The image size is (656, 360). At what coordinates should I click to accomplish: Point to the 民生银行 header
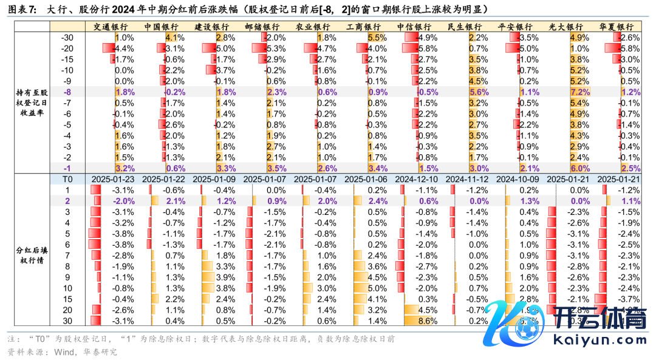click(464, 27)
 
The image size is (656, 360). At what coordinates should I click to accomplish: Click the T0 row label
click(67, 179)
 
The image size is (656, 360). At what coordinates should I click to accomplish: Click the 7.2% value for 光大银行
click(580, 92)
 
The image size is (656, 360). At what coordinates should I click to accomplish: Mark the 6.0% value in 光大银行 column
click(580, 168)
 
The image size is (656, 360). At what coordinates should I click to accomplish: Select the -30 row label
click(67, 38)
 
